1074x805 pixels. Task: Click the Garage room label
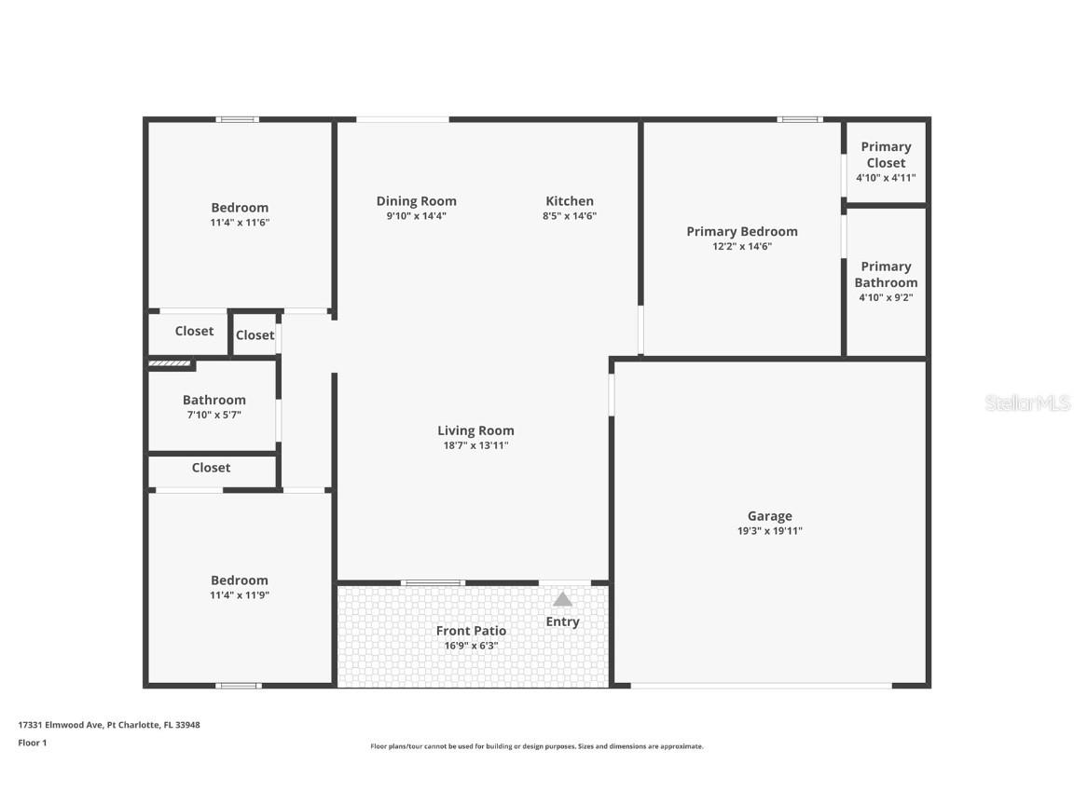[x=769, y=516]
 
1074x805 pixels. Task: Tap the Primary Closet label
[x=886, y=155]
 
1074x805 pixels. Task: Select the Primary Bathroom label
[x=886, y=275]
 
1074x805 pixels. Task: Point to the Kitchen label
[x=570, y=201]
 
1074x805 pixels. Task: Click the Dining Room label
[x=417, y=201]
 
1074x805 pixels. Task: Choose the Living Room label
[x=475, y=430]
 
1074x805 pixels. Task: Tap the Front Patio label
[x=471, y=631]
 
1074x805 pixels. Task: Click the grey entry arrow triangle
[x=562, y=600]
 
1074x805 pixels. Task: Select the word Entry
[x=562, y=621]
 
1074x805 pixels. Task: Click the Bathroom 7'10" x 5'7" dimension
[x=213, y=415]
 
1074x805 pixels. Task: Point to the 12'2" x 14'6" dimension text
[x=742, y=246]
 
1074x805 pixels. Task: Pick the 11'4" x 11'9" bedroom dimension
[x=239, y=595]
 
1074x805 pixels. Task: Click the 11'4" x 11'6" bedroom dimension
[x=239, y=223]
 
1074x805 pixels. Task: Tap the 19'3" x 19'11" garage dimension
[x=769, y=530]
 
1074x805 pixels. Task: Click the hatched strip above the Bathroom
[x=170, y=363]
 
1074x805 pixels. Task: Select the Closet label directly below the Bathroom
[x=211, y=468]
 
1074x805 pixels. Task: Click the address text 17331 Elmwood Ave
[x=61, y=725]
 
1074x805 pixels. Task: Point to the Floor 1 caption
[x=33, y=743]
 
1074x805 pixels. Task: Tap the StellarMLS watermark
[x=1027, y=403]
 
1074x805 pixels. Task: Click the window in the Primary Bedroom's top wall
[x=799, y=120]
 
